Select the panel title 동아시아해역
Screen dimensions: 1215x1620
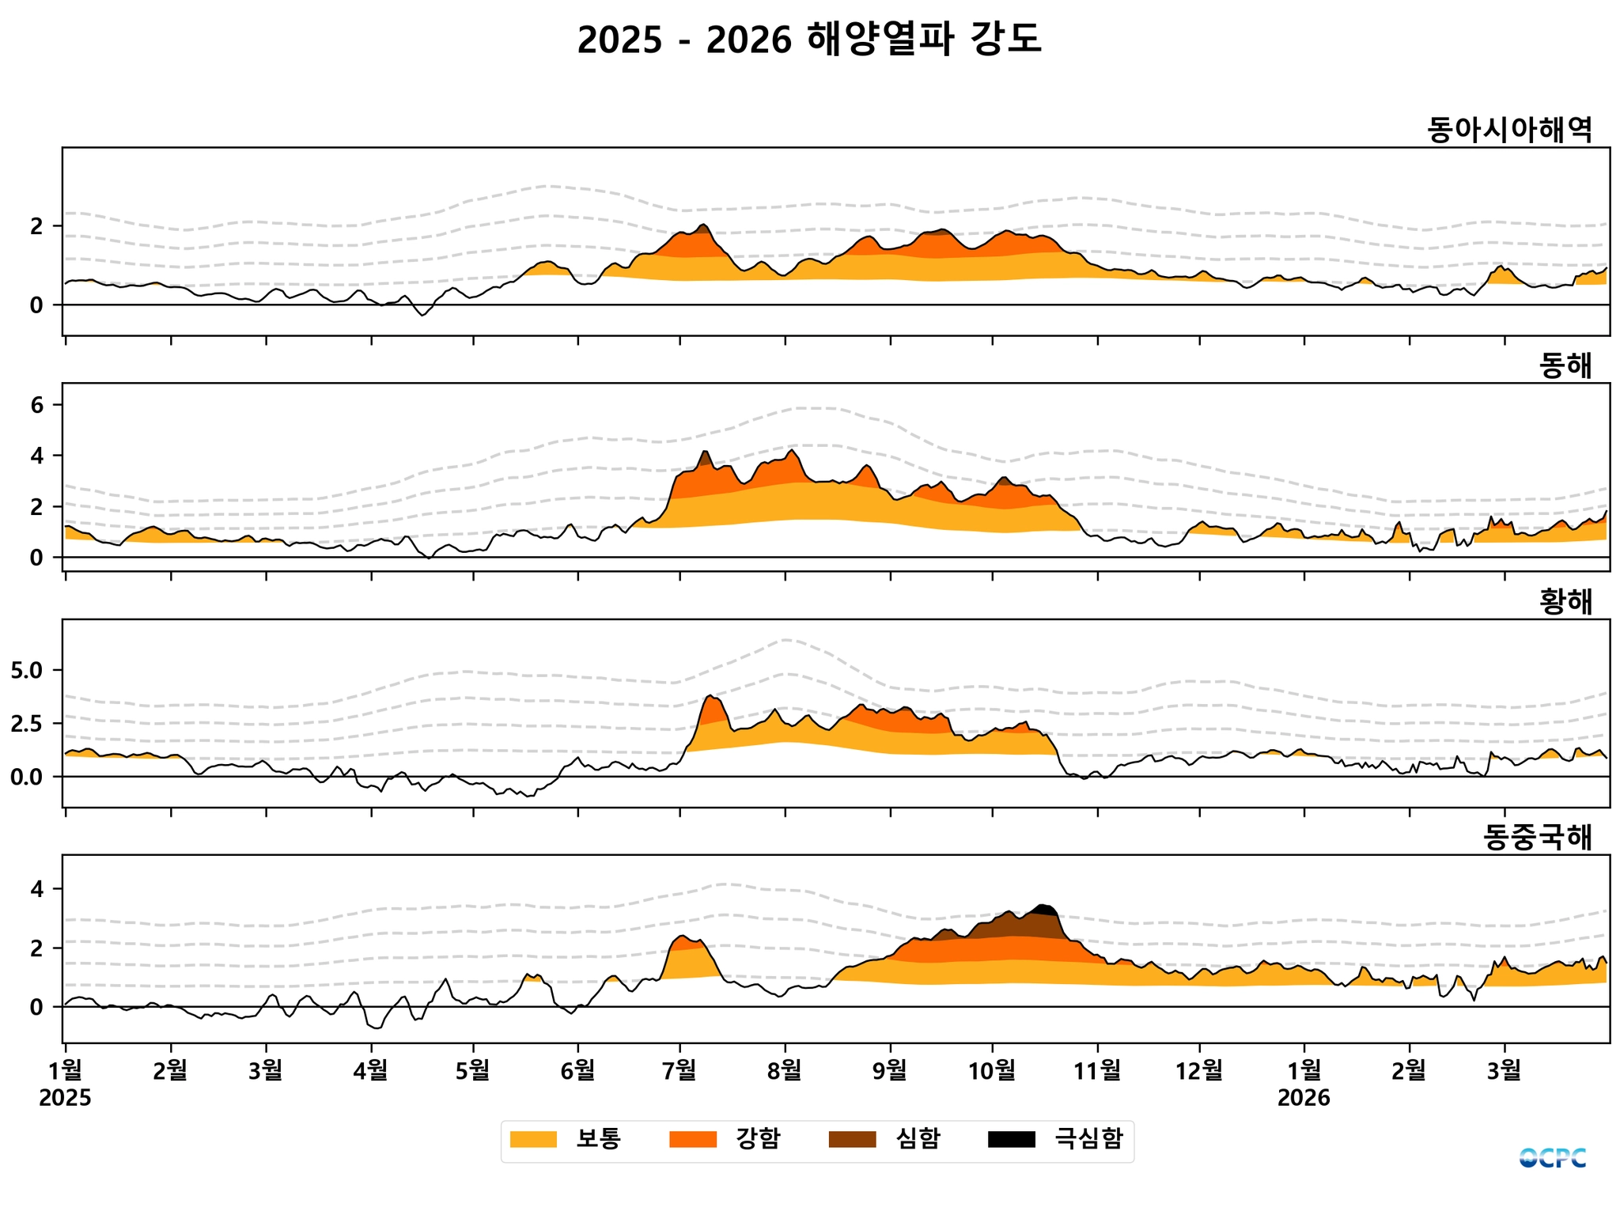[1509, 130]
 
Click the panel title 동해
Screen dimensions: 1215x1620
[1565, 365]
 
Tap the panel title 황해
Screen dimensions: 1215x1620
[1565, 602]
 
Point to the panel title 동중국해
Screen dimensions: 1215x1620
[1537, 837]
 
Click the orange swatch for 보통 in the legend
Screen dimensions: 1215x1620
[533, 1139]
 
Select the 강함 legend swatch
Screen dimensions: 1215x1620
[693, 1139]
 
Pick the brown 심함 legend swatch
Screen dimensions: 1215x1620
[852, 1139]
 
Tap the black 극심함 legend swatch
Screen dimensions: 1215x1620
[1012, 1139]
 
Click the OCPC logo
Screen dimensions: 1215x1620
[1552, 1158]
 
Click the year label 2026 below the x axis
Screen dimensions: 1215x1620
[1304, 1098]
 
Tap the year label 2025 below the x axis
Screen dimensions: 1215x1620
[65, 1098]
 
